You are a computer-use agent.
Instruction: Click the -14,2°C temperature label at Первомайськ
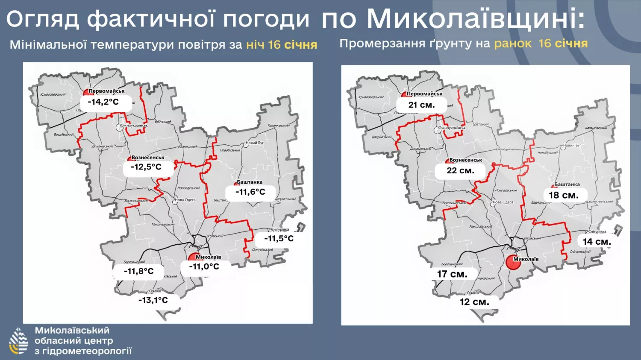(x=103, y=102)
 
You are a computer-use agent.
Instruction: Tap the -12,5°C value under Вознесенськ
(x=146, y=167)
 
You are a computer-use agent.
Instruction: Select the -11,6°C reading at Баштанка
(x=250, y=192)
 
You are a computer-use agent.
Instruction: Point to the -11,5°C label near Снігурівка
(x=279, y=239)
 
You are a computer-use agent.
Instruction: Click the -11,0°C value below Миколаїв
(x=204, y=266)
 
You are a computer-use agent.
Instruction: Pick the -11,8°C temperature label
(x=138, y=271)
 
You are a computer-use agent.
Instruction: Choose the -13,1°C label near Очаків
(x=153, y=300)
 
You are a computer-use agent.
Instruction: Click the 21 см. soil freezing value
(x=421, y=105)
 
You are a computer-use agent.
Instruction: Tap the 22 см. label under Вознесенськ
(x=460, y=170)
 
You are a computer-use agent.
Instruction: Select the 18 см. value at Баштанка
(x=564, y=195)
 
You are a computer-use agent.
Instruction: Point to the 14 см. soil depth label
(x=597, y=242)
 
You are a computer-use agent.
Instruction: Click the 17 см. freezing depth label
(x=452, y=274)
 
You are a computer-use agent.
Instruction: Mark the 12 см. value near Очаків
(x=474, y=302)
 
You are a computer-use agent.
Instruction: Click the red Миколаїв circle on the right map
(x=513, y=262)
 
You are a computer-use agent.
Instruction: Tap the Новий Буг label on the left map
(x=255, y=143)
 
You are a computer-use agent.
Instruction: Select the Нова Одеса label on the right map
(x=503, y=202)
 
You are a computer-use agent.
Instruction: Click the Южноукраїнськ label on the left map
(x=134, y=126)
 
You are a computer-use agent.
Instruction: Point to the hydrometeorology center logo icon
(x=18, y=341)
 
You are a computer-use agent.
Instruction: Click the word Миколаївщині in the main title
(x=476, y=19)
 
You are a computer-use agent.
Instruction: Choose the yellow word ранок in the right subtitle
(x=513, y=44)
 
